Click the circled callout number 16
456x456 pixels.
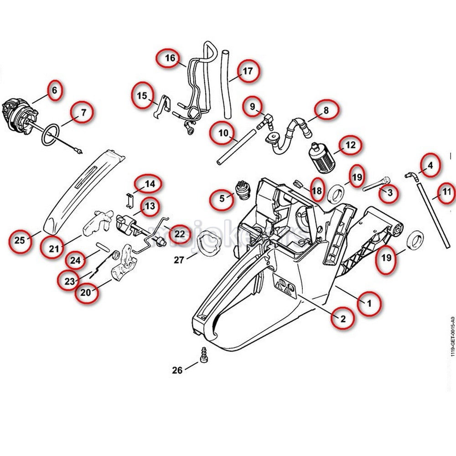[170, 58]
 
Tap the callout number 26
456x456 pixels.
[177, 370]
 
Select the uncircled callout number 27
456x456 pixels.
[179, 260]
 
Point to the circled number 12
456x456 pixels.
[350, 145]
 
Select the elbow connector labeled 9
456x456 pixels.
[265, 120]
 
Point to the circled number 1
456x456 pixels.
[369, 302]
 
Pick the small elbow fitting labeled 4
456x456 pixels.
[409, 175]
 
